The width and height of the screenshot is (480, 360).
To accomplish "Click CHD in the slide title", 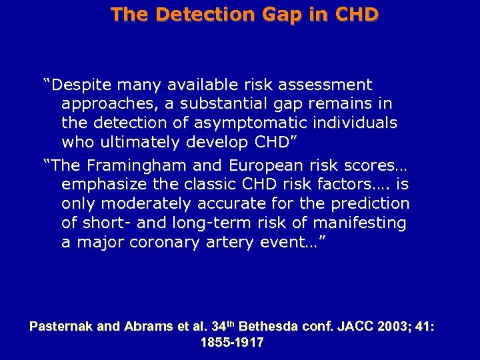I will (x=355, y=14).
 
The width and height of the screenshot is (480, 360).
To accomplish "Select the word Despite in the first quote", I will (x=79, y=85).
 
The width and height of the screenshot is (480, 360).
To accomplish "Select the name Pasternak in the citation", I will (x=61, y=327).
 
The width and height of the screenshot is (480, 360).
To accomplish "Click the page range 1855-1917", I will (x=232, y=343).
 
